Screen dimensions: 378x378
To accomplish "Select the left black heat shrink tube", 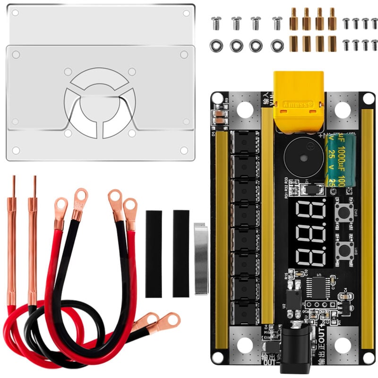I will (154, 254).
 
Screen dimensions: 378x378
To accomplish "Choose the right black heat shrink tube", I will (181, 254).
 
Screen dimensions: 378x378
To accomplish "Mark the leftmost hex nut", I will (216, 45).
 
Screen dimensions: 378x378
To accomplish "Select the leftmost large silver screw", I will (216, 22).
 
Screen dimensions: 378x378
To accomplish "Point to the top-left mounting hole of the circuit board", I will (217, 98).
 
